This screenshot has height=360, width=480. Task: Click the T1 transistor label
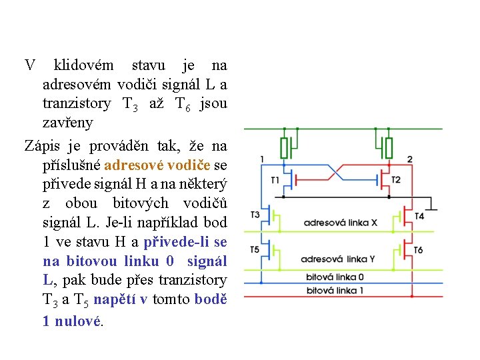click(x=275, y=180)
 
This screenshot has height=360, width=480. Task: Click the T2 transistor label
click(x=396, y=180)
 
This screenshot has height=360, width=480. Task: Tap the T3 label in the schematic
click(x=255, y=214)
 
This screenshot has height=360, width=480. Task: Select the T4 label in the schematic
click(x=419, y=216)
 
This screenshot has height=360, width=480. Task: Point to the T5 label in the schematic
click(x=255, y=249)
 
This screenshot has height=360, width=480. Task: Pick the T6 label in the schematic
click(x=418, y=250)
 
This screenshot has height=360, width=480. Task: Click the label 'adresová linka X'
click(x=340, y=223)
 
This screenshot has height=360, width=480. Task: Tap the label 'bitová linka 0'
click(x=335, y=277)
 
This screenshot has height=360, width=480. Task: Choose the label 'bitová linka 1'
click(x=335, y=291)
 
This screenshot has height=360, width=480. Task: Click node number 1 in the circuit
click(x=262, y=159)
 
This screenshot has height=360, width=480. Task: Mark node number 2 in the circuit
click(x=409, y=159)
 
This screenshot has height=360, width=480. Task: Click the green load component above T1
click(x=285, y=147)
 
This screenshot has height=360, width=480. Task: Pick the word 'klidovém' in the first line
click(x=83, y=65)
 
